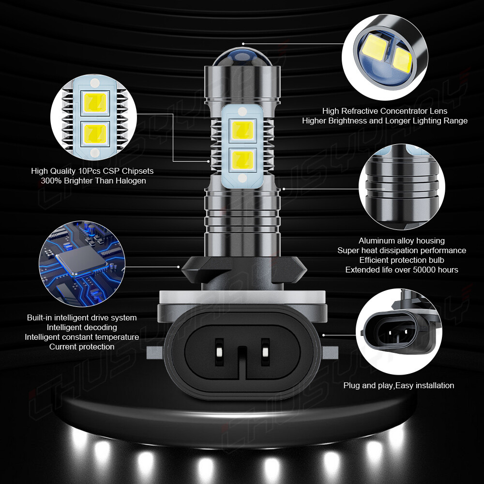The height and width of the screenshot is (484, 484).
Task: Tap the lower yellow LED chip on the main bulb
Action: [x=242, y=160]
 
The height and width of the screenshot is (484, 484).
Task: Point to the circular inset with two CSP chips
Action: [x=94, y=118]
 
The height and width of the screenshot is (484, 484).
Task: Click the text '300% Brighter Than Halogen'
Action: [x=93, y=181]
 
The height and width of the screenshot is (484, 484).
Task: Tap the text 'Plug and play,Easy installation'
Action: [x=399, y=385]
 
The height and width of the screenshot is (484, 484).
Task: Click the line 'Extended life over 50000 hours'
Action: [x=402, y=270]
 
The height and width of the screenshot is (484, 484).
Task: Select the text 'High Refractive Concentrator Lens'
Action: [x=385, y=111]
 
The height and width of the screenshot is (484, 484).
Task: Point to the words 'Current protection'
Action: [x=82, y=347]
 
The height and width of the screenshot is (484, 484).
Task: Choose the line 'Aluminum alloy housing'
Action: [x=402, y=241]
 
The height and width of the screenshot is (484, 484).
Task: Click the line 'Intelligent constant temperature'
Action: [x=82, y=337]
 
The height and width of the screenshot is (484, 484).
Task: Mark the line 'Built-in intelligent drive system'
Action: [x=82, y=318]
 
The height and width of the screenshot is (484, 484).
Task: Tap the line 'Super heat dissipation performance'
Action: [x=402, y=250]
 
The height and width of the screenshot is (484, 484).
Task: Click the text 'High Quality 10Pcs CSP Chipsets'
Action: [x=92, y=171]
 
